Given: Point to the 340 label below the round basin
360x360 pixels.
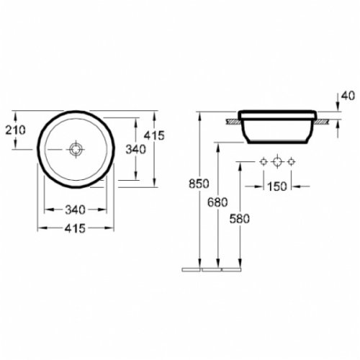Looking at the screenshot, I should tap(75, 210).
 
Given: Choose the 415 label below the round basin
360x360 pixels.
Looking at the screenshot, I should tap(75, 228).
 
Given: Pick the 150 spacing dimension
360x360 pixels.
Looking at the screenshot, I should tap(277, 186).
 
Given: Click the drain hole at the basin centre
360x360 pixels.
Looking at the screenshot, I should tap(76, 150).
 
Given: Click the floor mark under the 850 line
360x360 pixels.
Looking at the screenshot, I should tap(191, 269).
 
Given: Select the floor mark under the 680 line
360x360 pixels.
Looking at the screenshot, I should tap(210, 269).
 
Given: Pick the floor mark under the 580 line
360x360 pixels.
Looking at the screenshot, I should tap(230, 269).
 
